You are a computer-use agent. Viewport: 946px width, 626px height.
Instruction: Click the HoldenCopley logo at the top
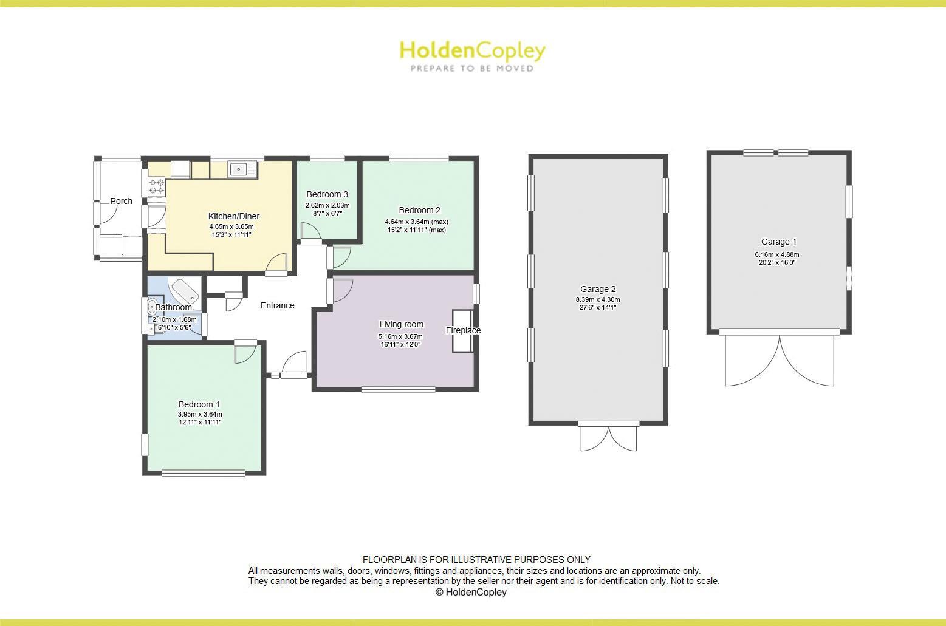tap(471, 51)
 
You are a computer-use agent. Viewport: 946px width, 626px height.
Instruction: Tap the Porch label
tap(121, 201)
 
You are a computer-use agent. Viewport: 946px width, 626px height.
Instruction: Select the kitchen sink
tap(242, 169)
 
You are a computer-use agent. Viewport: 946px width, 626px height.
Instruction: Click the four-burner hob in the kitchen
tap(157, 185)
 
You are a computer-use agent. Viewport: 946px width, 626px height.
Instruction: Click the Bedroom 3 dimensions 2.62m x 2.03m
tap(327, 206)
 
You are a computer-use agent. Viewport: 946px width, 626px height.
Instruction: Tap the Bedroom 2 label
tap(419, 210)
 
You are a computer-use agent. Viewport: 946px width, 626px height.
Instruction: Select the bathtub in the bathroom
tap(185, 291)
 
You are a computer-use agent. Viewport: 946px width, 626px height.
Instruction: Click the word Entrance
tap(277, 305)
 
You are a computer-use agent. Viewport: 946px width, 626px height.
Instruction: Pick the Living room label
tap(401, 324)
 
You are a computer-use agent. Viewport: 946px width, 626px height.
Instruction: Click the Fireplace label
tap(463, 330)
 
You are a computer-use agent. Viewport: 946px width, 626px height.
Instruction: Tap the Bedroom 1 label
tap(199, 404)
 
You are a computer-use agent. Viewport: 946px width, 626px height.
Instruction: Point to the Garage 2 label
tap(598, 289)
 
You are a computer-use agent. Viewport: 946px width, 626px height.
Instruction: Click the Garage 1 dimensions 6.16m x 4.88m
tap(777, 255)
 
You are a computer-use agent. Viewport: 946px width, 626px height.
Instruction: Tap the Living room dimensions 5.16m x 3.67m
tap(400, 336)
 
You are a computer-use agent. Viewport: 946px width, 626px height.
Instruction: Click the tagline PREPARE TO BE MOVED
tap(471, 69)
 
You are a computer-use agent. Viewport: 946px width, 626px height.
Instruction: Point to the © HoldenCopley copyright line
tap(471, 592)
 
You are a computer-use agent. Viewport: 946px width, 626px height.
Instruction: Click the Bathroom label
tap(173, 307)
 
